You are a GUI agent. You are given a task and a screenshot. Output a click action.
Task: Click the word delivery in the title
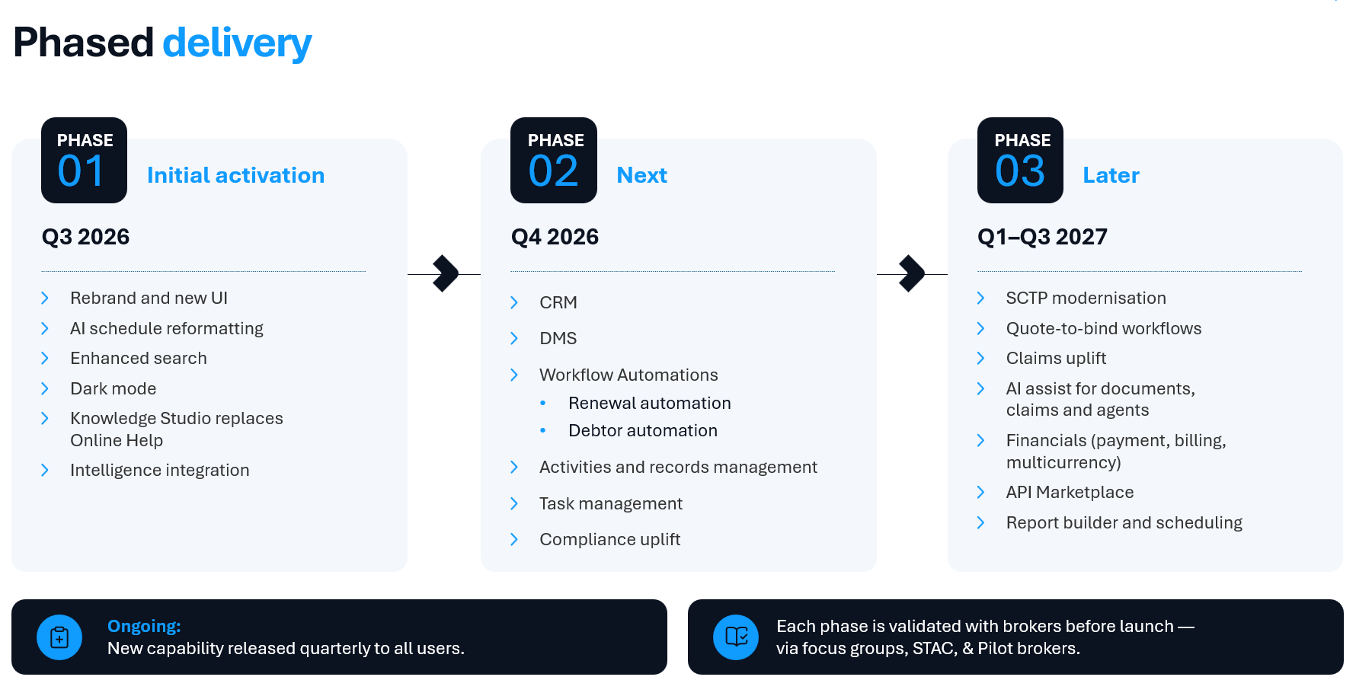coord(237,43)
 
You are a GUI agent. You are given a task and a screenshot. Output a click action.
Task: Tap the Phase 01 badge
coord(84,160)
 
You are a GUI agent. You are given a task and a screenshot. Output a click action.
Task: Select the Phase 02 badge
coord(554,160)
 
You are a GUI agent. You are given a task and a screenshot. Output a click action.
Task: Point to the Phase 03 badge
coord(1020,160)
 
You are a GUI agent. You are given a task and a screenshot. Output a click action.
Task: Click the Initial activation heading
coord(235,175)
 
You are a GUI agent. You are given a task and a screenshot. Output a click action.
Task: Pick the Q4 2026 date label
coord(555,237)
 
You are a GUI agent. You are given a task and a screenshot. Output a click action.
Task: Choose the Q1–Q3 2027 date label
coord(1042,237)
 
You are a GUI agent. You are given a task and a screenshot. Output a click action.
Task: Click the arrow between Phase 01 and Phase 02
coord(444,273)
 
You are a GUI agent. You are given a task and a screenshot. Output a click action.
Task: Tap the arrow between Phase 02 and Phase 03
coord(912,273)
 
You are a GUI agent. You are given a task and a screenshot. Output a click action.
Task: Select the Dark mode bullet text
coord(113,388)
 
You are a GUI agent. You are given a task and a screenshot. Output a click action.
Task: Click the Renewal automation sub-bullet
coord(650,403)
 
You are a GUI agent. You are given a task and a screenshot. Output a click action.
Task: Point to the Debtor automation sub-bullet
coord(643,430)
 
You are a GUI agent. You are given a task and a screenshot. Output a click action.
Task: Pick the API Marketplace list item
coord(1070,492)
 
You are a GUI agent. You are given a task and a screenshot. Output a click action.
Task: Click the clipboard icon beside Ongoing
coord(59,637)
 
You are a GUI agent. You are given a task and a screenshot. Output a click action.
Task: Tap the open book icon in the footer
coord(736,637)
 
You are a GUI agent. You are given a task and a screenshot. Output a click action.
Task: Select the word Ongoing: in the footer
coord(144,626)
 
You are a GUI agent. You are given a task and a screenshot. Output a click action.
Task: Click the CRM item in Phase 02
coord(558,302)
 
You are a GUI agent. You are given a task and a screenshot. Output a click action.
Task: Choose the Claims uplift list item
coord(1056,358)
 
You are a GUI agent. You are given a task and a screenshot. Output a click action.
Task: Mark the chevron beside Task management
coord(514,503)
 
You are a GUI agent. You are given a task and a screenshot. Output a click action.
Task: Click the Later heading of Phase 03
coord(1111,175)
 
